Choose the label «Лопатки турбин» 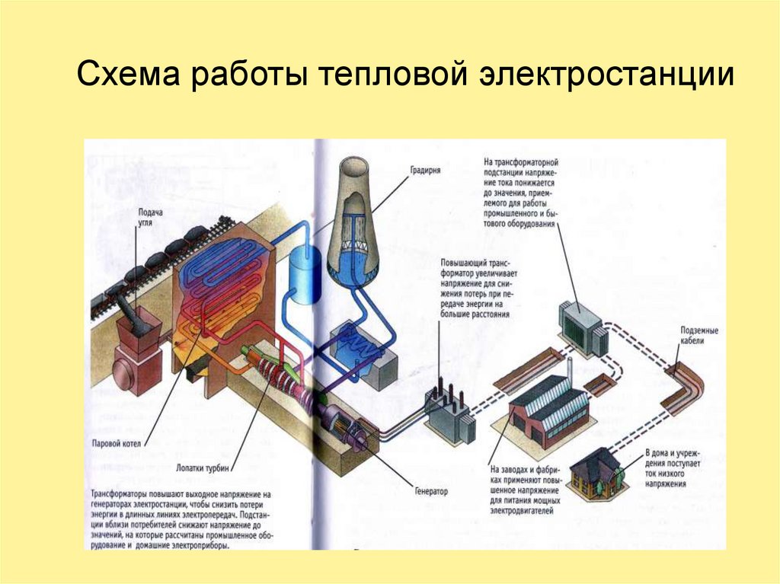203,468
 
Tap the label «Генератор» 431,491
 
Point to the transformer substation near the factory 584,327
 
